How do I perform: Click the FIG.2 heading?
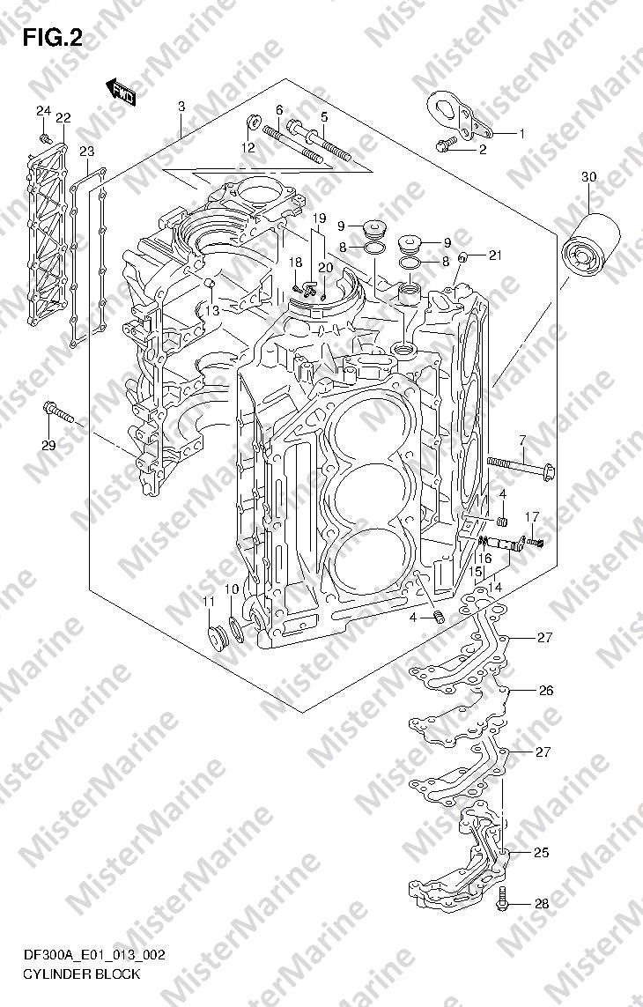[x=52, y=39]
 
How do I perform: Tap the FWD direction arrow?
[x=120, y=93]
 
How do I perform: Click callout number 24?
[x=43, y=111]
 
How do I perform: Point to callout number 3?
[x=181, y=106]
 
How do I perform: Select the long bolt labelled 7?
[x=521, y=469]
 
